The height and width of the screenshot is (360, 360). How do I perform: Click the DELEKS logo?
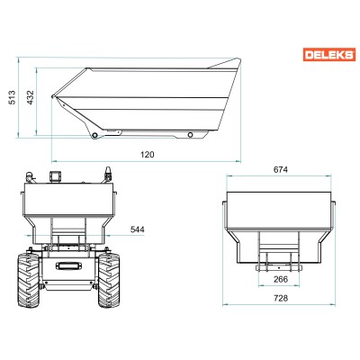329,55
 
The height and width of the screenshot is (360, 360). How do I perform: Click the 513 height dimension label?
13,97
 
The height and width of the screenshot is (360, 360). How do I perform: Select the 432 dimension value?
31,97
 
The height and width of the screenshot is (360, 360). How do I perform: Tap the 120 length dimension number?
148,155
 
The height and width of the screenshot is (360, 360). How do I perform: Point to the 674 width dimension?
281,170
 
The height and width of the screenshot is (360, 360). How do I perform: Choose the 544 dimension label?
137,229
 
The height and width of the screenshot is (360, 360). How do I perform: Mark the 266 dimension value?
281,279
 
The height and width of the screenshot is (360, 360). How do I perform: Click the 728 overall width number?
281,298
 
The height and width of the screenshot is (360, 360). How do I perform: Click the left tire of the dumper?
29,280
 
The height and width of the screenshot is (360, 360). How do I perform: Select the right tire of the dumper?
109,280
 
